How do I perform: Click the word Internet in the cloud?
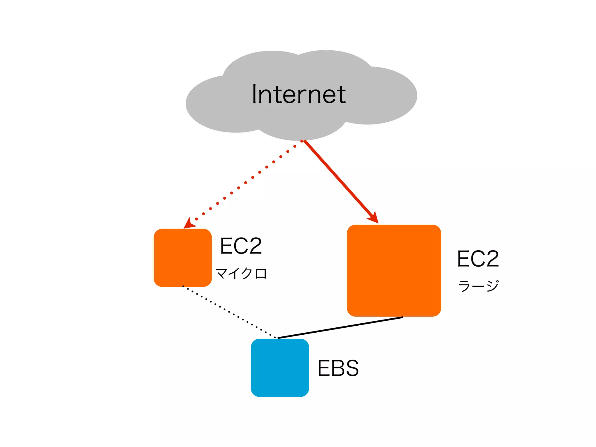pos(299,94)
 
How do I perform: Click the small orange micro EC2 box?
pos(182,258)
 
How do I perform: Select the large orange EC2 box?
pos(394,270)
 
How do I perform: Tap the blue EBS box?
pos(280,368)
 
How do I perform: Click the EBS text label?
pos(338,368)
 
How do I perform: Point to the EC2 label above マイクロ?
pos(241,246)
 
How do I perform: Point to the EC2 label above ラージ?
pos(478,259)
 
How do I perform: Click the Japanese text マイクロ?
pos(241,274)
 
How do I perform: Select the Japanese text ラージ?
pos(478,286)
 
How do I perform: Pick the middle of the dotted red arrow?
pos(246,183)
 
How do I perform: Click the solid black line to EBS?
pos(340,327)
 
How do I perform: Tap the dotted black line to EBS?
pos(229,312)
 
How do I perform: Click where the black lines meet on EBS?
pos(277,338)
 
